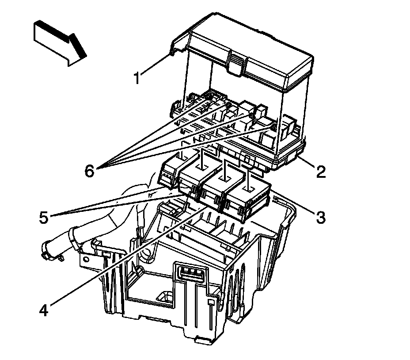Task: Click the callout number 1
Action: pyautogui.click(x=137, y=78)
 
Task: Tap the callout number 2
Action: pyautogui.click(x=321, y=171)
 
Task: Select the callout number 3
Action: pyautogui.click(x=321, y=216)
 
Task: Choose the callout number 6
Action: pyautogui.click(x=90, y=171)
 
